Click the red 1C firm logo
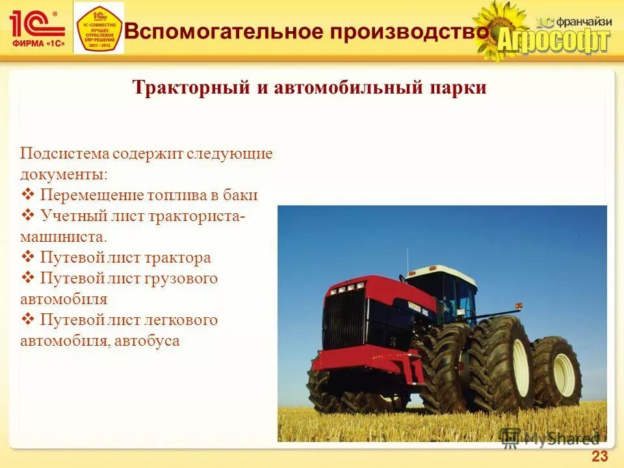pos(37,28)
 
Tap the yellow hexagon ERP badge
pos(99,28)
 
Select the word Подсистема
pos(64,154)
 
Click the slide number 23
pos(599,456)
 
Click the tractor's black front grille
pos(344,319)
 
